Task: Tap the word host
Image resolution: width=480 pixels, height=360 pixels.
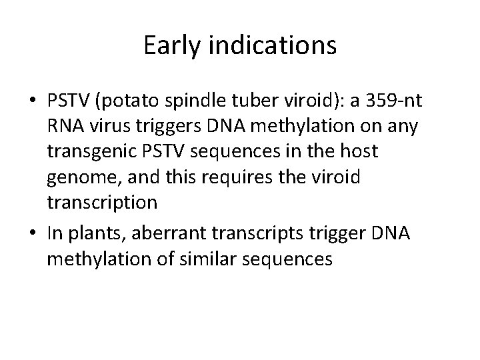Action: (x=359, y=151)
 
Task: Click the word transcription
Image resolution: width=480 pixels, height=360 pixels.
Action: (x=102, y=202)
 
